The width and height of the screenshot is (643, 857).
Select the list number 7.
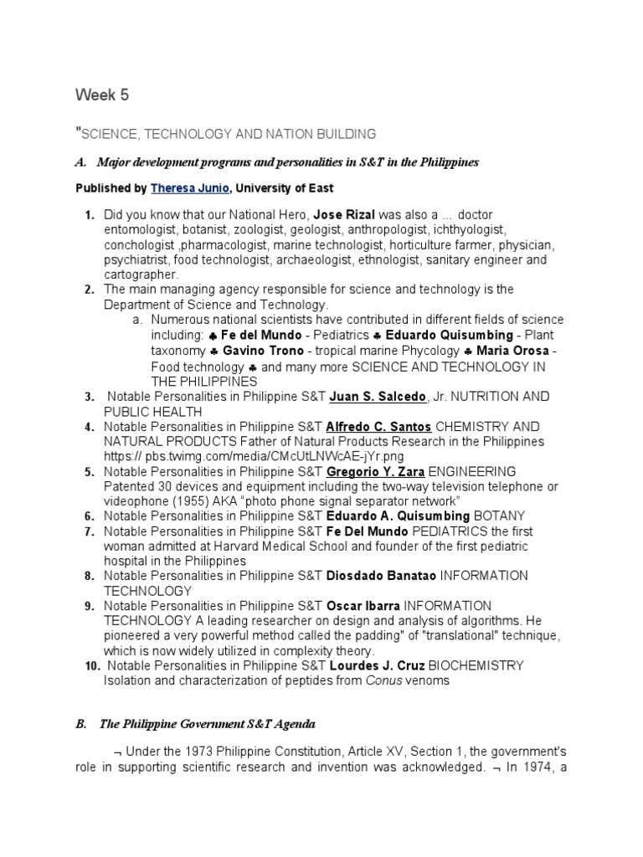coord(90,531)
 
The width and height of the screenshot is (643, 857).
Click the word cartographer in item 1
coord(141,275)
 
